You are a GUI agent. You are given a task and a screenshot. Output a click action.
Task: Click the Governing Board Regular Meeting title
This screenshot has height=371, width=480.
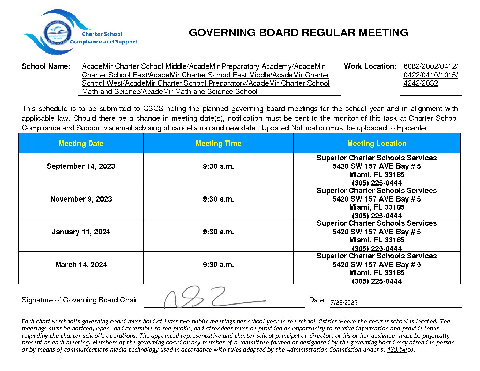pyautogui.click(x=298, y=33)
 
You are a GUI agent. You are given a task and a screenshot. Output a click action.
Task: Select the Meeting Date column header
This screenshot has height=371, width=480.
pyautogui.click(x=81, y=144)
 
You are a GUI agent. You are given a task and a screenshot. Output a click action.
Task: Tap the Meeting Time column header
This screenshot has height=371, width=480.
pyautogui.click(x=218, y=144)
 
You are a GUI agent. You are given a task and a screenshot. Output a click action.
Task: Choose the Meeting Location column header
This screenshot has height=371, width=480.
pyautogui.click(x=377, y=144)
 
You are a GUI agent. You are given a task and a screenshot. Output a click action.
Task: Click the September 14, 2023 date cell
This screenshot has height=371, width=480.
pyautogui.click(x=81, y=166)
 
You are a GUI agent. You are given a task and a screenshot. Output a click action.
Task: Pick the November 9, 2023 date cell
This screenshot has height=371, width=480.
pyautogui.click(x=81, y=199)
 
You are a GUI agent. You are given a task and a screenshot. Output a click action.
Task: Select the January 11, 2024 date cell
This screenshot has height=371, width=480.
pyautogui.click(x=81, y=232)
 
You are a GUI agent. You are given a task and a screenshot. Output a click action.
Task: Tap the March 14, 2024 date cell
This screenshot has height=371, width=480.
pyautogui.click(x=81, y=265)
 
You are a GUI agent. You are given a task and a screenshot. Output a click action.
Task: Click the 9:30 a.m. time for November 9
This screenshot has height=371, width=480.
pyautogui.click(x=218, y=199)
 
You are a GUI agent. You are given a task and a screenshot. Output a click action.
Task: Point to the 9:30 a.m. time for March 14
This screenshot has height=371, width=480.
pyautogui.click(x=218, y=265)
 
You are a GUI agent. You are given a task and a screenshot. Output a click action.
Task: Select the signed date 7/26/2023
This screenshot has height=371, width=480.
pyautogui.click(x=344, y=303)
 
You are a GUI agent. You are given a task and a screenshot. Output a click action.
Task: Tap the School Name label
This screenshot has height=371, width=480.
pyautogui.click(x=46, y=66)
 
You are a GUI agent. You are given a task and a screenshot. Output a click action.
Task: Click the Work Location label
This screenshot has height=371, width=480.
pyautogui.click(x=370, y=66)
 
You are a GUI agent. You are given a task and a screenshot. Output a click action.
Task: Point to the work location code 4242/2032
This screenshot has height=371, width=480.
pyautogui.click(x=420, y=83)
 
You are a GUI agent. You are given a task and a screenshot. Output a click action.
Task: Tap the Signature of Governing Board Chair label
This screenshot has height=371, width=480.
pyautogui.click(x=79, y=300)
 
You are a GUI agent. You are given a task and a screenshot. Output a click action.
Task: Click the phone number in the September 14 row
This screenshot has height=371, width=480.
pyautogui.click(x=377, y=183)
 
